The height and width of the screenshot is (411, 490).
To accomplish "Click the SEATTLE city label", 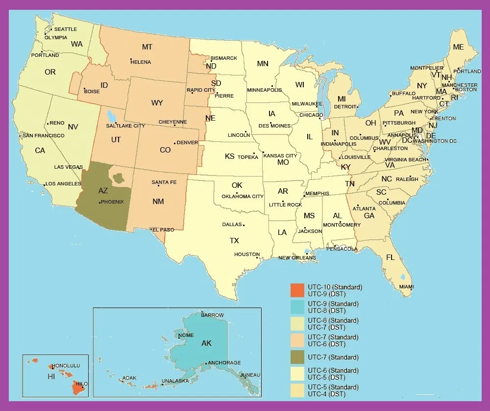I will point(65,29).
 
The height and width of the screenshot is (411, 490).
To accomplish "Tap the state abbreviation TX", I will point(235,241).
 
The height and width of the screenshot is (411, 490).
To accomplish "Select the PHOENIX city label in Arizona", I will point(113,202).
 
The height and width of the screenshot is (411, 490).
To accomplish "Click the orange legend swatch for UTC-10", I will point(297,290).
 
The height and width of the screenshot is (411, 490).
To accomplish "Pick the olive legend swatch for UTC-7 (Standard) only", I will point(297,357).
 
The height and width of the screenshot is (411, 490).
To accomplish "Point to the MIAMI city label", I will point(406,287).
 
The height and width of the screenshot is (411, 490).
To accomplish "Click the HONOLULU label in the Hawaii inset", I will point(66,366).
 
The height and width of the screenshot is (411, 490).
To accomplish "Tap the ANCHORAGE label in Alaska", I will point(224,363).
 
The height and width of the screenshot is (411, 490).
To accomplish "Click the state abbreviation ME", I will point(458,47).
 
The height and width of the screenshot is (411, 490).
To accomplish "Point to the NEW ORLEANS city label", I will point(296,258).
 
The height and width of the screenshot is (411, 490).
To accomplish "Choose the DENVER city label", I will point(187,143).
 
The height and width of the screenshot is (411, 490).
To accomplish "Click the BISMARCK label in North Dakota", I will point(224,58).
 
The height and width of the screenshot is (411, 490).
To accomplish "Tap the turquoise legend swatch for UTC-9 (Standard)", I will point(297,307).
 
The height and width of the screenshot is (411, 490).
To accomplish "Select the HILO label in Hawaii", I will point(81,384).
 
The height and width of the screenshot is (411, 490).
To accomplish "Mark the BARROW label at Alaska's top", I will point(212,315).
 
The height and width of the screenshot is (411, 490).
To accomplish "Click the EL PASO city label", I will point(163,230).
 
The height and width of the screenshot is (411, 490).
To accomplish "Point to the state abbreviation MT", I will point(147,47).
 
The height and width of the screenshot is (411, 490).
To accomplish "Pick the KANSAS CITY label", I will point(280,156).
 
